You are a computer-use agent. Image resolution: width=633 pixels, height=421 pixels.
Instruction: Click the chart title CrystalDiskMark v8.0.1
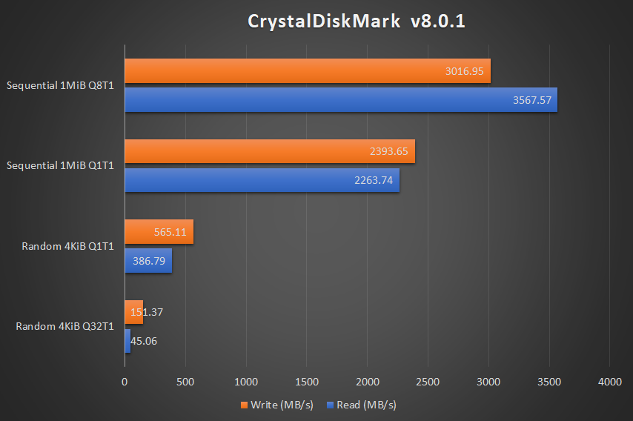(x=357, y=21)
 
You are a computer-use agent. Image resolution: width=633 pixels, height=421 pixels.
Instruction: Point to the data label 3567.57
(x=532, y=100)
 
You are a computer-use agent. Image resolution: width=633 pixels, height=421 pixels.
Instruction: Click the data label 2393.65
(x=389, y=151)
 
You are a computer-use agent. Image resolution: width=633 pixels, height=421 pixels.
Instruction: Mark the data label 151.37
(x=147, y=312)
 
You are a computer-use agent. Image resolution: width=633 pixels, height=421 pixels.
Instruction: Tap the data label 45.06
(x=144, y=341)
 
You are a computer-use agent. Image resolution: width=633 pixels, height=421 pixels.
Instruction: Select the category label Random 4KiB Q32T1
(x=64, y=326)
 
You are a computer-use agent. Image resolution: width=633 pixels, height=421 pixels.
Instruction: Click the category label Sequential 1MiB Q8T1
(x=60, y=85)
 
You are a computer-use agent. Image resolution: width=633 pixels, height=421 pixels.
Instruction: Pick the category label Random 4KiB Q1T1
(x=67, y=245)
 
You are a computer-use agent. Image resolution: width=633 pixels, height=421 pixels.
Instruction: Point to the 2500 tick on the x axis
(x=428, y=381)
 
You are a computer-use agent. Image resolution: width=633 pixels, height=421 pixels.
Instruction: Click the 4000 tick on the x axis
(x=609, y=381)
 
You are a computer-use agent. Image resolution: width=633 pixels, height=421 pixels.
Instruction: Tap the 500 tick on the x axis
(x=185, y=381)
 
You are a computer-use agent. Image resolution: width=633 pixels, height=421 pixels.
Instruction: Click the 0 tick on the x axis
(x=125, y=381)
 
